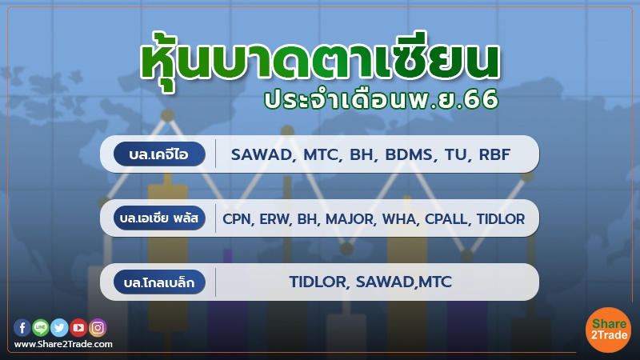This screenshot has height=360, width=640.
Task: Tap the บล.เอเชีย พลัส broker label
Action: coord(160,218)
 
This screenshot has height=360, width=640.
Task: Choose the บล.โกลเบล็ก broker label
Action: coord(160,282)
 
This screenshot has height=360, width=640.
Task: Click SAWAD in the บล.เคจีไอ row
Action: coord(259,154)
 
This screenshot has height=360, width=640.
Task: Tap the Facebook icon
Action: coord(22,326)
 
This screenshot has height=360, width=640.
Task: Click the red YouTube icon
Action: coord(78,326)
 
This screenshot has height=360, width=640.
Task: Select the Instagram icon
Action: coord(98,326)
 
